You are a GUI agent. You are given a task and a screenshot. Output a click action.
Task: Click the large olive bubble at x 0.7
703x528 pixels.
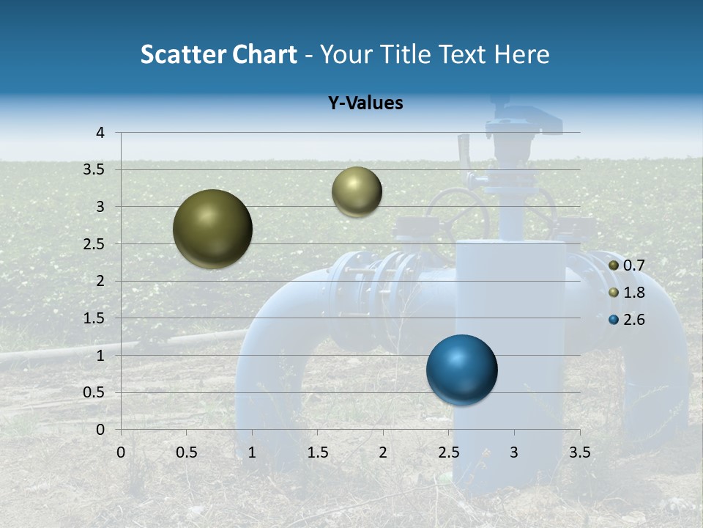(x=212, y=229)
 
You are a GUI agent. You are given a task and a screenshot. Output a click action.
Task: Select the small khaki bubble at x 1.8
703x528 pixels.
(x=357, y=191)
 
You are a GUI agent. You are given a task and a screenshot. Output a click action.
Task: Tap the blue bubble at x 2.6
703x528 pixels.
(x=461, y=370)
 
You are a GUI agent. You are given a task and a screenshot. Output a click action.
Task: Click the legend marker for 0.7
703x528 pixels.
(x=614, y=265)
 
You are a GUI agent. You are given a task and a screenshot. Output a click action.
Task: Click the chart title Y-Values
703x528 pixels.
(x=365, y=103)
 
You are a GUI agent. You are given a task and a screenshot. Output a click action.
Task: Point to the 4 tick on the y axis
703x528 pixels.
(x=100, y=133)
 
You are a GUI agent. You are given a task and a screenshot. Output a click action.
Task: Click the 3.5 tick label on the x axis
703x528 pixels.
(x=579, y=452)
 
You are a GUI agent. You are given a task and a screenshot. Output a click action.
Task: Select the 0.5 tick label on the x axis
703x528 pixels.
(x=187, y=452)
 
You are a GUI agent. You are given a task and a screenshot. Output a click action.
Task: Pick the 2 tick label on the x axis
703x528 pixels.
(x=383, y=452)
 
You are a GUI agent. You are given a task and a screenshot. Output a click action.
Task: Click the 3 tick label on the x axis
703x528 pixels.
(x=514, y=452)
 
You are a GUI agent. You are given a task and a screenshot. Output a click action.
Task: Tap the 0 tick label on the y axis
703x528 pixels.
(x=100, y=430)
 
